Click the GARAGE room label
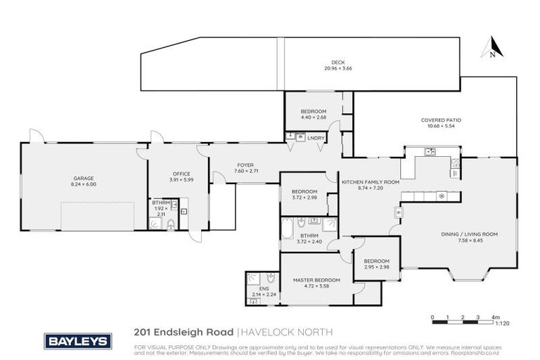click(83, 179)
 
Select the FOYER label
click(245, 165)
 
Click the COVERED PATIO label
click(441, 120)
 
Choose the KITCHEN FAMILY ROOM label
click(371, 181)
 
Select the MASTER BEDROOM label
click(316, 279)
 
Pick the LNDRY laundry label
click(316, 138)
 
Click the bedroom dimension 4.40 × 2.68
click(314, 117)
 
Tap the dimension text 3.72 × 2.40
click(309, 242)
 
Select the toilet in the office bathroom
click(171, 225)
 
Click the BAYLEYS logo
click(77, 341)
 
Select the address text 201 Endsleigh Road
click(184, 331)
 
